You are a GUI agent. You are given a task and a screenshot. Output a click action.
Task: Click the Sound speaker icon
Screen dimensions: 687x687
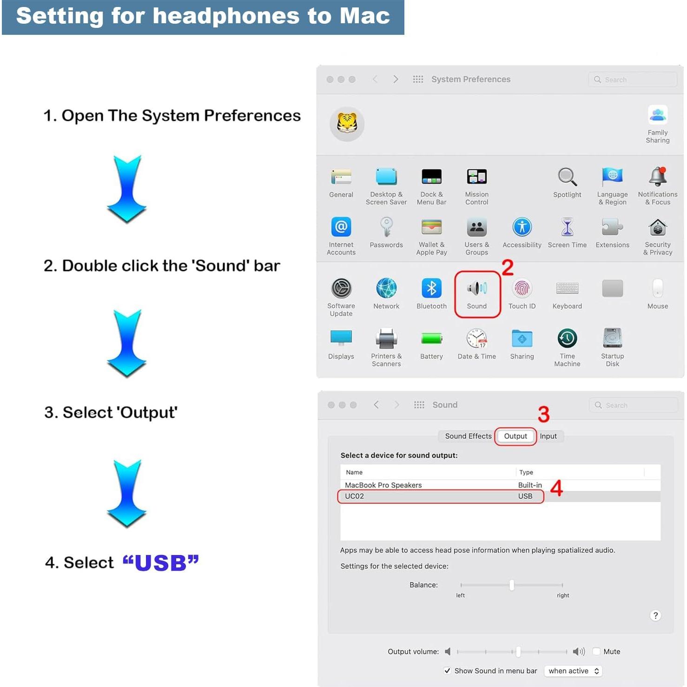coord(477,288)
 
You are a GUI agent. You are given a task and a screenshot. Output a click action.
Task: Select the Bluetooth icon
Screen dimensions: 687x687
coord(431,288)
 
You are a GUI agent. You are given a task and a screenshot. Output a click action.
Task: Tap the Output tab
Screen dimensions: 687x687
coord(515,436)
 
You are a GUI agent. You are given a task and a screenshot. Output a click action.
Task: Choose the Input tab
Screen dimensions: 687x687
coord(548,436)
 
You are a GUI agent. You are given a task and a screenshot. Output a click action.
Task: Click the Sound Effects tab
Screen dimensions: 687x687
coord(468,436)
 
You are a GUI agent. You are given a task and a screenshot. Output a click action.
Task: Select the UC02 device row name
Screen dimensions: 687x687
coord(355,496)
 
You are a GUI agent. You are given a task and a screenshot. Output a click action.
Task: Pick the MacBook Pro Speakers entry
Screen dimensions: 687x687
coord(383,485)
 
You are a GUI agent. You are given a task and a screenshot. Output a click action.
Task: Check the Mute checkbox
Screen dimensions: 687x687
coord(596,651)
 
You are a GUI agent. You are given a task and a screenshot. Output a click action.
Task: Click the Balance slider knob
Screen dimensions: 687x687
coord(512,585)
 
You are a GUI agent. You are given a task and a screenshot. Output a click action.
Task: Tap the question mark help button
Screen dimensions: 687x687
coord(655,615)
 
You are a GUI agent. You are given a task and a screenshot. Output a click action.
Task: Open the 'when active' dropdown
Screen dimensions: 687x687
coord(573,671)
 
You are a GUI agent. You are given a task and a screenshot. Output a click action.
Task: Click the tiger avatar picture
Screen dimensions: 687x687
coord(347,124)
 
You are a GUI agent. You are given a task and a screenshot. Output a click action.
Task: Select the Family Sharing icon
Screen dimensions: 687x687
coord(657,115)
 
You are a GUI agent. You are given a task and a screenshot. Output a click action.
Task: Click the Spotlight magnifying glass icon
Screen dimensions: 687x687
coord(567,177)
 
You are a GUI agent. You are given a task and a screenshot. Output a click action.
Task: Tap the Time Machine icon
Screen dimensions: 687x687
coord(567,338)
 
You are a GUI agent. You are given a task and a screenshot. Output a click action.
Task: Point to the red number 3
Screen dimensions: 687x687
coord(543,414)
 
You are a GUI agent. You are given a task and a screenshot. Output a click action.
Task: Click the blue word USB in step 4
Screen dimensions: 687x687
coord(161,562)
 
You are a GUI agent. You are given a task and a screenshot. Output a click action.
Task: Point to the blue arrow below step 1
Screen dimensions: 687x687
coord(126,188)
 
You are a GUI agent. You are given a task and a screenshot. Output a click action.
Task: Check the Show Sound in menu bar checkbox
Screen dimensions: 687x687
coord(447,671)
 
